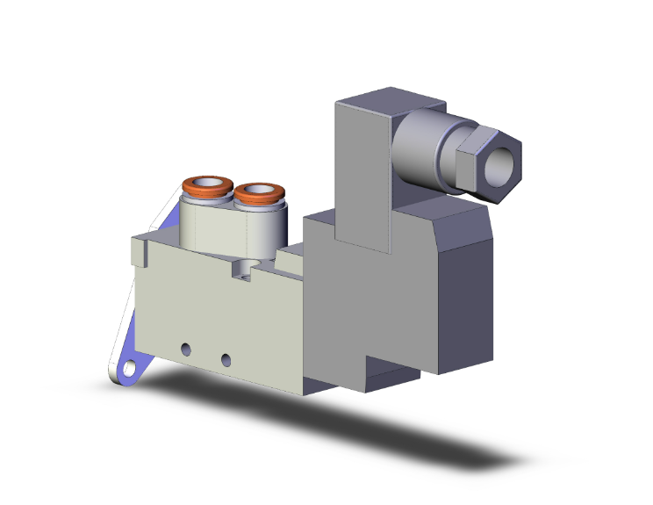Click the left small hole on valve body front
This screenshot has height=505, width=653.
point(185,350)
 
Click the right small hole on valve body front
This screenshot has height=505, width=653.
point(226,359)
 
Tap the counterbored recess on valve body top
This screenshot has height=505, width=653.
point(243,269)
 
